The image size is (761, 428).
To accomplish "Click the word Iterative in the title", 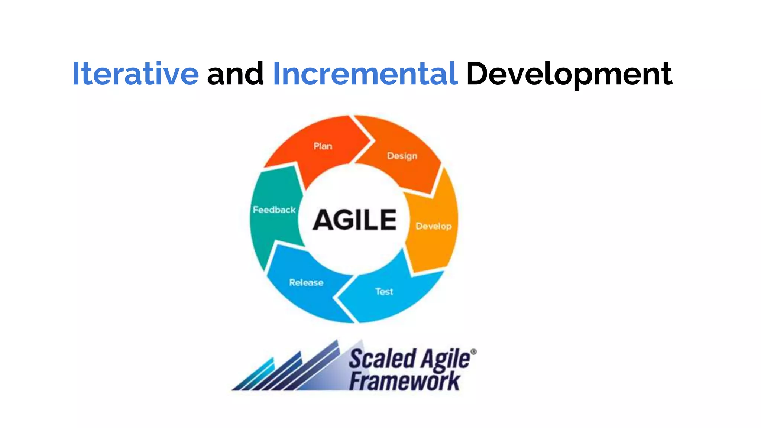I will [136, 74].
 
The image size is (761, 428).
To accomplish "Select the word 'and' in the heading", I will [235, 74].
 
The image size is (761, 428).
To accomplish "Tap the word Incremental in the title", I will [365, 74].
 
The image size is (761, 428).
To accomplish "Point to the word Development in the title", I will [569, 74].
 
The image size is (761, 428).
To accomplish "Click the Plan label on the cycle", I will [323, 146].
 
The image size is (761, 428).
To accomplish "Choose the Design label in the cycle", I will [402, 156].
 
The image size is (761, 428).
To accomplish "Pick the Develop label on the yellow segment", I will [433, 226].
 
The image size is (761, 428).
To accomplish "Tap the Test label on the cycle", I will [384, 292].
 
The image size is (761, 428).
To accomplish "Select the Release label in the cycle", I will [306, 283].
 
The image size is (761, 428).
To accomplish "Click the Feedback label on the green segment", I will [274, 210].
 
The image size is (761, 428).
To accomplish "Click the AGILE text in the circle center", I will [354, 220].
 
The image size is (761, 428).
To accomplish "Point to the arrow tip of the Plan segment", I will [369, 141].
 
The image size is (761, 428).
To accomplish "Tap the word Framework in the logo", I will [404, 381].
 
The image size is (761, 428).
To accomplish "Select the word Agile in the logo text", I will [445, 360].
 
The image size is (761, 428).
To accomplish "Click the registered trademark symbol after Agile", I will [473, 351].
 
